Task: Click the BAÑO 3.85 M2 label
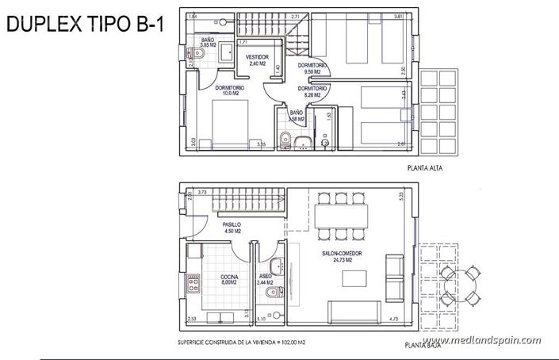(x=208, y=42)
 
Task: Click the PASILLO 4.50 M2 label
(x=232, y=228)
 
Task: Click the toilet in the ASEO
(x=270, y=294)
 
